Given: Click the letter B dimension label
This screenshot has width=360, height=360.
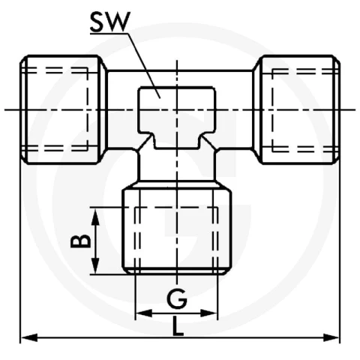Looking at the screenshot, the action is point(80,241).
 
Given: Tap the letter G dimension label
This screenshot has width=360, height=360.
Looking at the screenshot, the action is point(177,298).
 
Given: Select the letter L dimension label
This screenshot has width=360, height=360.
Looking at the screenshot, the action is point(178,325).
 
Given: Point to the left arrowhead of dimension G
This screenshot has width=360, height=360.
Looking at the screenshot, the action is point(144,313).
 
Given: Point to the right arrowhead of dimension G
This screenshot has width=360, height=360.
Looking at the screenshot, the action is point(209,313).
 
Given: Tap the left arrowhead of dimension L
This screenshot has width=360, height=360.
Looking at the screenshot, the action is point(29,337).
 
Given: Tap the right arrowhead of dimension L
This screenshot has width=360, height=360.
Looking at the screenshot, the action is point(331,337).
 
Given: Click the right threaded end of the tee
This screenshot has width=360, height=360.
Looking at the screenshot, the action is point(296,109).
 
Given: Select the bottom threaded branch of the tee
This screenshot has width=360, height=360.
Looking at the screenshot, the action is point(177,229).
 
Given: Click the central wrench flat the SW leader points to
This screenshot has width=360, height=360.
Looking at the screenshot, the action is point(177,118).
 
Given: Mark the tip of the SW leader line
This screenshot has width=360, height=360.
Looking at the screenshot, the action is point(160,98).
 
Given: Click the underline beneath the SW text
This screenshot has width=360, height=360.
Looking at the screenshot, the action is point(109,33).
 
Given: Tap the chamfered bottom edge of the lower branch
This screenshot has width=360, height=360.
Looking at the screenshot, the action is point(177,271).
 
